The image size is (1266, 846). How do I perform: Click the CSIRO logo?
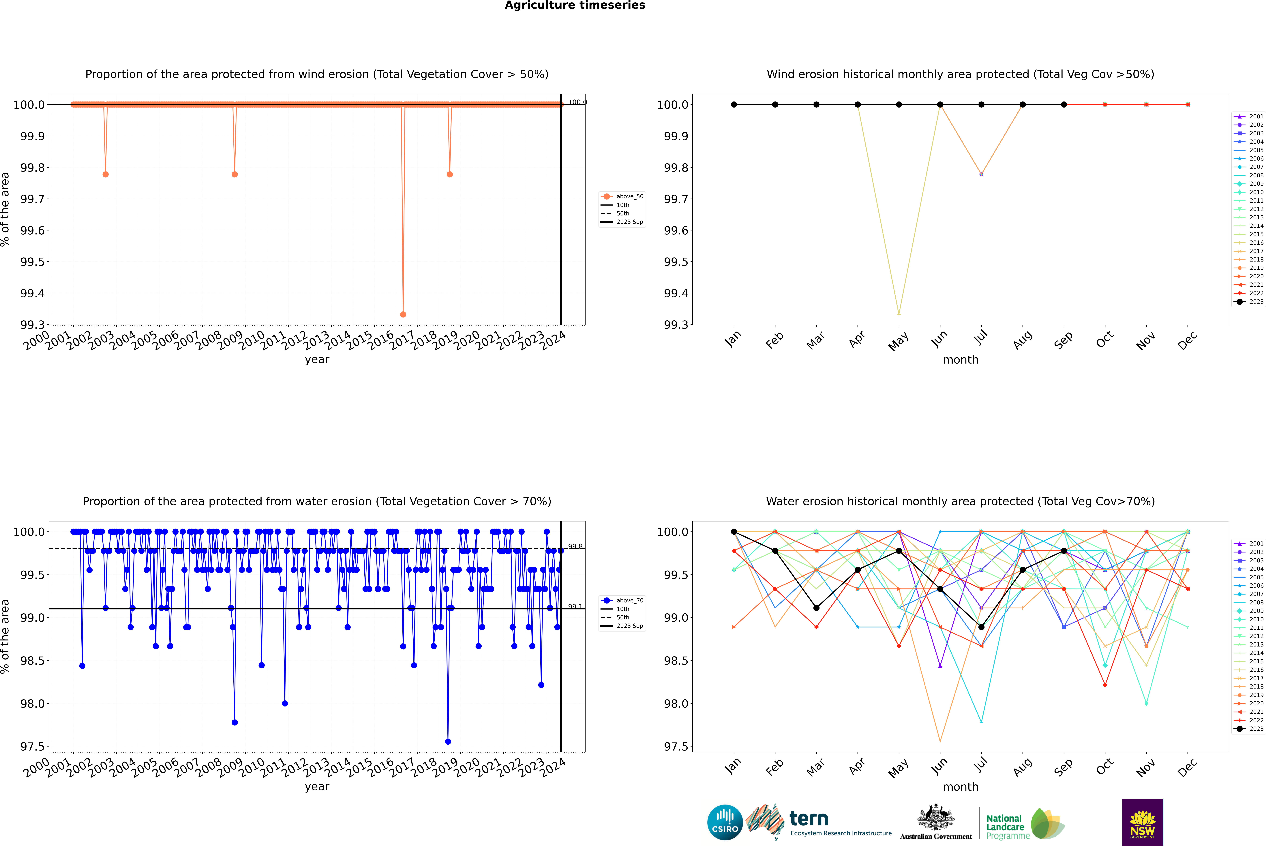pyautogui.click(x=725, y=822)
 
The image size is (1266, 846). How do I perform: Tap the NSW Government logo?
pyautogui.click(x=1142, y=822)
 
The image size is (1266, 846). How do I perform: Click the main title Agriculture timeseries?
pyautogui.click(x=575, y=5)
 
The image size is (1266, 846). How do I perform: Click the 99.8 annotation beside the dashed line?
pyautogui.click(x=575, y=547)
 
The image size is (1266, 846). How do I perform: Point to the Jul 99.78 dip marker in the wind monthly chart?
pyautogui.click(x=981, y=174)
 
